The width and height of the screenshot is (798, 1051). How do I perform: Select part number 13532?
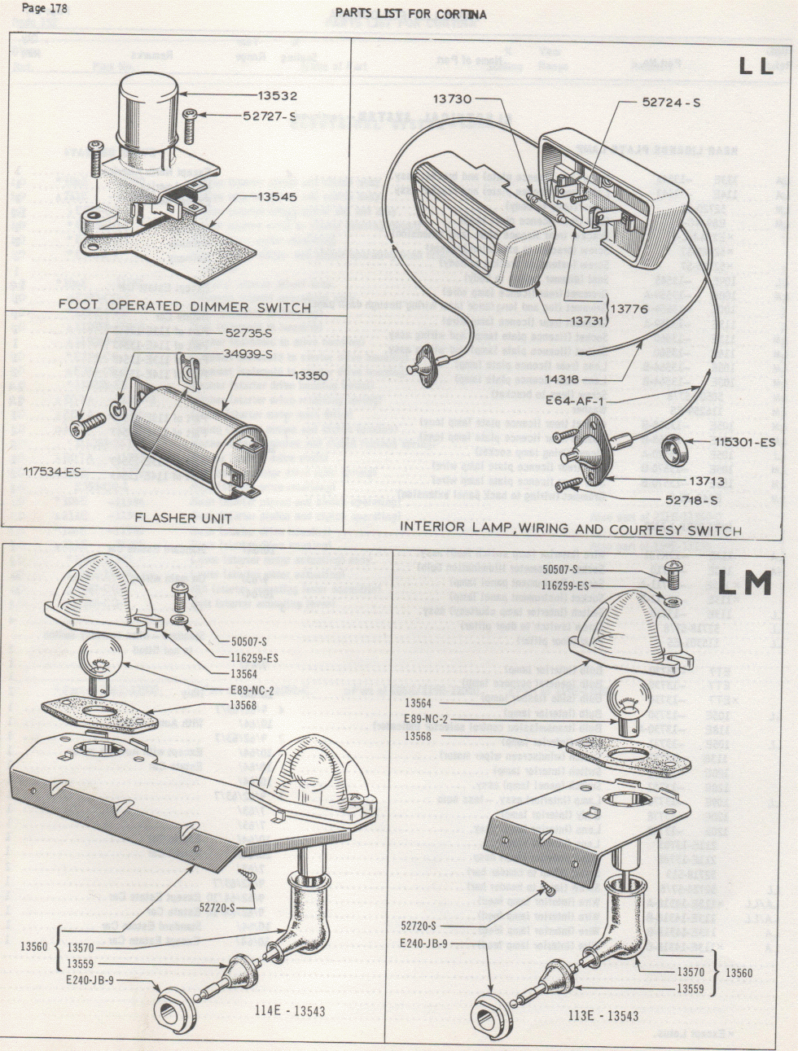(x=273, y=96)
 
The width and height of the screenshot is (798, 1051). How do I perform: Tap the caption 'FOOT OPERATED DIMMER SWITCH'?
(x=184, y=307)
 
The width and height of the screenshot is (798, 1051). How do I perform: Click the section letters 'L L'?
(x=756, y=68)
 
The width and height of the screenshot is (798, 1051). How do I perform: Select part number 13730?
(x=453, y=99)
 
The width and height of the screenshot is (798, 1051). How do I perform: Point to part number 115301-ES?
(x=745, y=444)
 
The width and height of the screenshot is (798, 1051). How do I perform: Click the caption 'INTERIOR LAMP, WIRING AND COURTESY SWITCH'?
(x=570, y=530)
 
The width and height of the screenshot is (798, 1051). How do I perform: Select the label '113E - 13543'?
(x=604, y=1015)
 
